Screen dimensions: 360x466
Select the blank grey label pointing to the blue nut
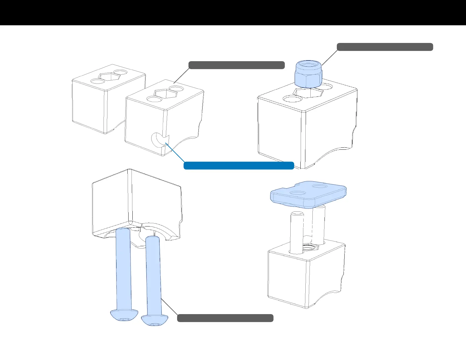coord(385,47)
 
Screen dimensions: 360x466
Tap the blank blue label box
coord(239,166)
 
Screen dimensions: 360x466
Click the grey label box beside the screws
coord(225,318)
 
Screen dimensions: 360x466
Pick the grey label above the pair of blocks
coord(236,65)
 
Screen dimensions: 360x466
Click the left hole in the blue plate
coord(298,193)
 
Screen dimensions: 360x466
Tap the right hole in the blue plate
coord(319,186)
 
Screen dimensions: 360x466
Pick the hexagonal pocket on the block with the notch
coord(166,94)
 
